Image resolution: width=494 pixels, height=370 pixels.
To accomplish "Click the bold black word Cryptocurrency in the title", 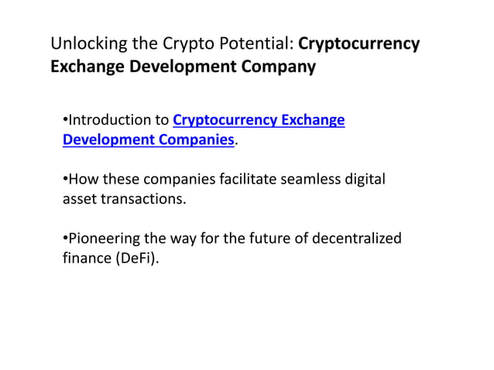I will click(359, 43).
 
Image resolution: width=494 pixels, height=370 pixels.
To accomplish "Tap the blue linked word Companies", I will click(194, 140).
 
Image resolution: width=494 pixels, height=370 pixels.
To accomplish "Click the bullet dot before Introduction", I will click(65, 121).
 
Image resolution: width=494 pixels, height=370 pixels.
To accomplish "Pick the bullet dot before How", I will click(65, 180).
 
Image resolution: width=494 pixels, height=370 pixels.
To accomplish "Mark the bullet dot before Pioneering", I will click(65, 239).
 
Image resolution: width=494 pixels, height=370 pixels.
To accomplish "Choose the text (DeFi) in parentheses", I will click(138, 259).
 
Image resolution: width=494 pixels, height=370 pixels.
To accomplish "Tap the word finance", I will click(87, 259).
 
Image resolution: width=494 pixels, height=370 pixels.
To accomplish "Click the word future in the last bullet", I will click(266, 239).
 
